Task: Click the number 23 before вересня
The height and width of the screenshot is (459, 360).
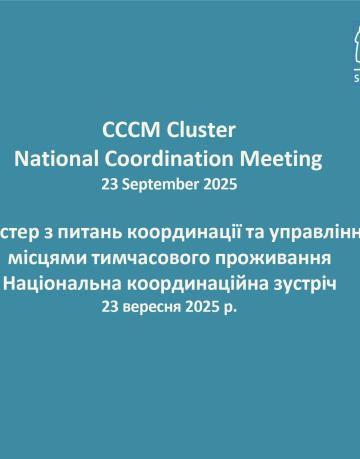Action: tap(124, 279)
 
